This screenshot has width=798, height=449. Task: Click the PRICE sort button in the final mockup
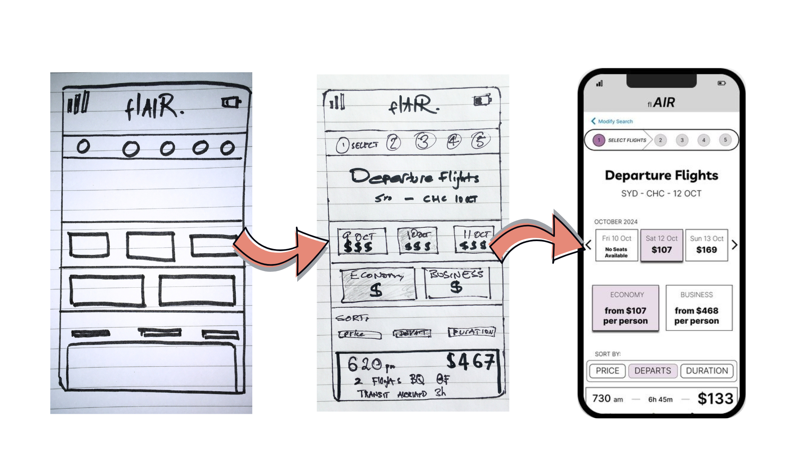607,371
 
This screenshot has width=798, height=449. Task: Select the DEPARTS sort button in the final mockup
653,371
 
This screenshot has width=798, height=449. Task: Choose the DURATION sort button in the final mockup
707,371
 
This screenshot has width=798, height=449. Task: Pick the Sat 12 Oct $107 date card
661,245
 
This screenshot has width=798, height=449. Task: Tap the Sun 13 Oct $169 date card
707,245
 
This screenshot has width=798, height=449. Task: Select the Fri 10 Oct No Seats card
616,245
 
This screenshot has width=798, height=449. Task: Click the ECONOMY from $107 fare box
626,308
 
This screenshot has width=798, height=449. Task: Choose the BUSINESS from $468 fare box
699,308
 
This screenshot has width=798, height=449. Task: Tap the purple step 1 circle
599,140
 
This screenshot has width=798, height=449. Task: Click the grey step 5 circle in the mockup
725,140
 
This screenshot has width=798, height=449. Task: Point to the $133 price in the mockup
715,399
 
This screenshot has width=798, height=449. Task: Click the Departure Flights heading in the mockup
661,175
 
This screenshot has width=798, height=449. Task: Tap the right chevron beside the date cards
734,245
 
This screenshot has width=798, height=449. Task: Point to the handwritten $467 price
470,361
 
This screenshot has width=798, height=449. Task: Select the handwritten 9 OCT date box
362,241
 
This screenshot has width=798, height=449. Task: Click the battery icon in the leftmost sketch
231,102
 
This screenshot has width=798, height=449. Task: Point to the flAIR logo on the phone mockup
661,103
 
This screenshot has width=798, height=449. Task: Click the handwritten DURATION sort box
472,332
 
